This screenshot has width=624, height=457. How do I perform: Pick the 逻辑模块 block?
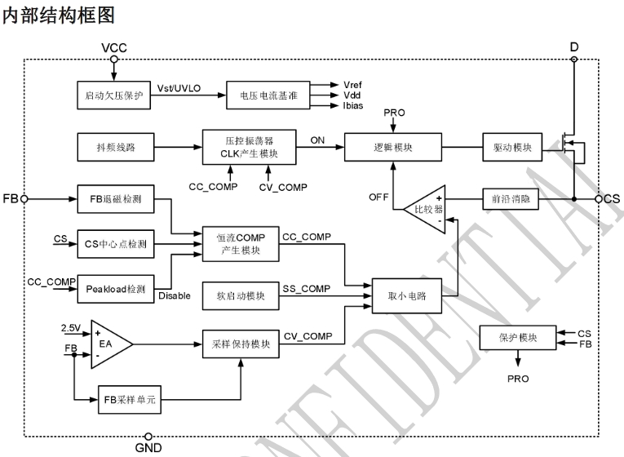tap(392, 148)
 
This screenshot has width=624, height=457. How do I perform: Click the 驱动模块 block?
tap(513, 148)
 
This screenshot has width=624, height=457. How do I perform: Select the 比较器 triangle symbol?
tap(425, 209)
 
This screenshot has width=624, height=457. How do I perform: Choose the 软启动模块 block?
tap(241, 295)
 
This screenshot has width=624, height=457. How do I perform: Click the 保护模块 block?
tap(518, 338)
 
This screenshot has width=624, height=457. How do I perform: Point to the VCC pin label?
tap(113, 47)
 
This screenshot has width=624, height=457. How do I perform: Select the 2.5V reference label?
tap(72, 327)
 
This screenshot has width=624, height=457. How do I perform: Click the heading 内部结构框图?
tap(56, 14)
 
